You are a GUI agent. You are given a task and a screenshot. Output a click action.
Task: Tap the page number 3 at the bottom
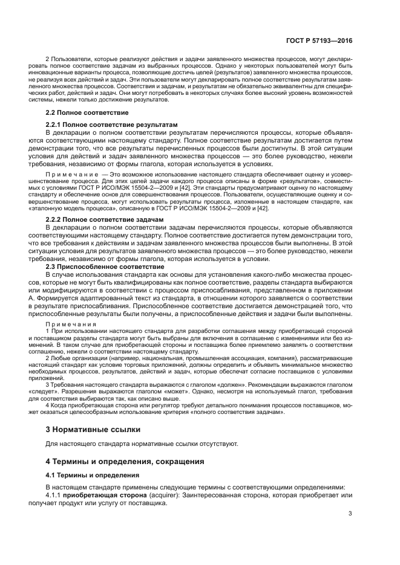point(350,514)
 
